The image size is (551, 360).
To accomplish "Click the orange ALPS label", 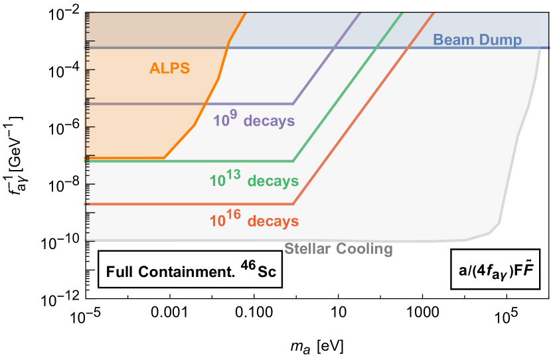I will (x=169, y=68).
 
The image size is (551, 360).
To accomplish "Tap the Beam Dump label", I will (x=477, y=40).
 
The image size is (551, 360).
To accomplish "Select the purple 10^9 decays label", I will (x=254, y=121).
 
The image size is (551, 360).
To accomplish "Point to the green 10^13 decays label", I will (x=254, y=180).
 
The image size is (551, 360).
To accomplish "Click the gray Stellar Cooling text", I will (x=339, y=249).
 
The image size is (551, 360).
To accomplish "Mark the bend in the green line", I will (x=293, y=161).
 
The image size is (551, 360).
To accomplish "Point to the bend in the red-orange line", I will (x=293, y=204).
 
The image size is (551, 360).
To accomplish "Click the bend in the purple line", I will (x=293, y=104).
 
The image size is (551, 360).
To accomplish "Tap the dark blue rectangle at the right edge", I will (x=544, y=31).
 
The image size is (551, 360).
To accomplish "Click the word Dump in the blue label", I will (x=504, y=41).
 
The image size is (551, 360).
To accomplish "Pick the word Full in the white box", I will (x=122, y=272).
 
